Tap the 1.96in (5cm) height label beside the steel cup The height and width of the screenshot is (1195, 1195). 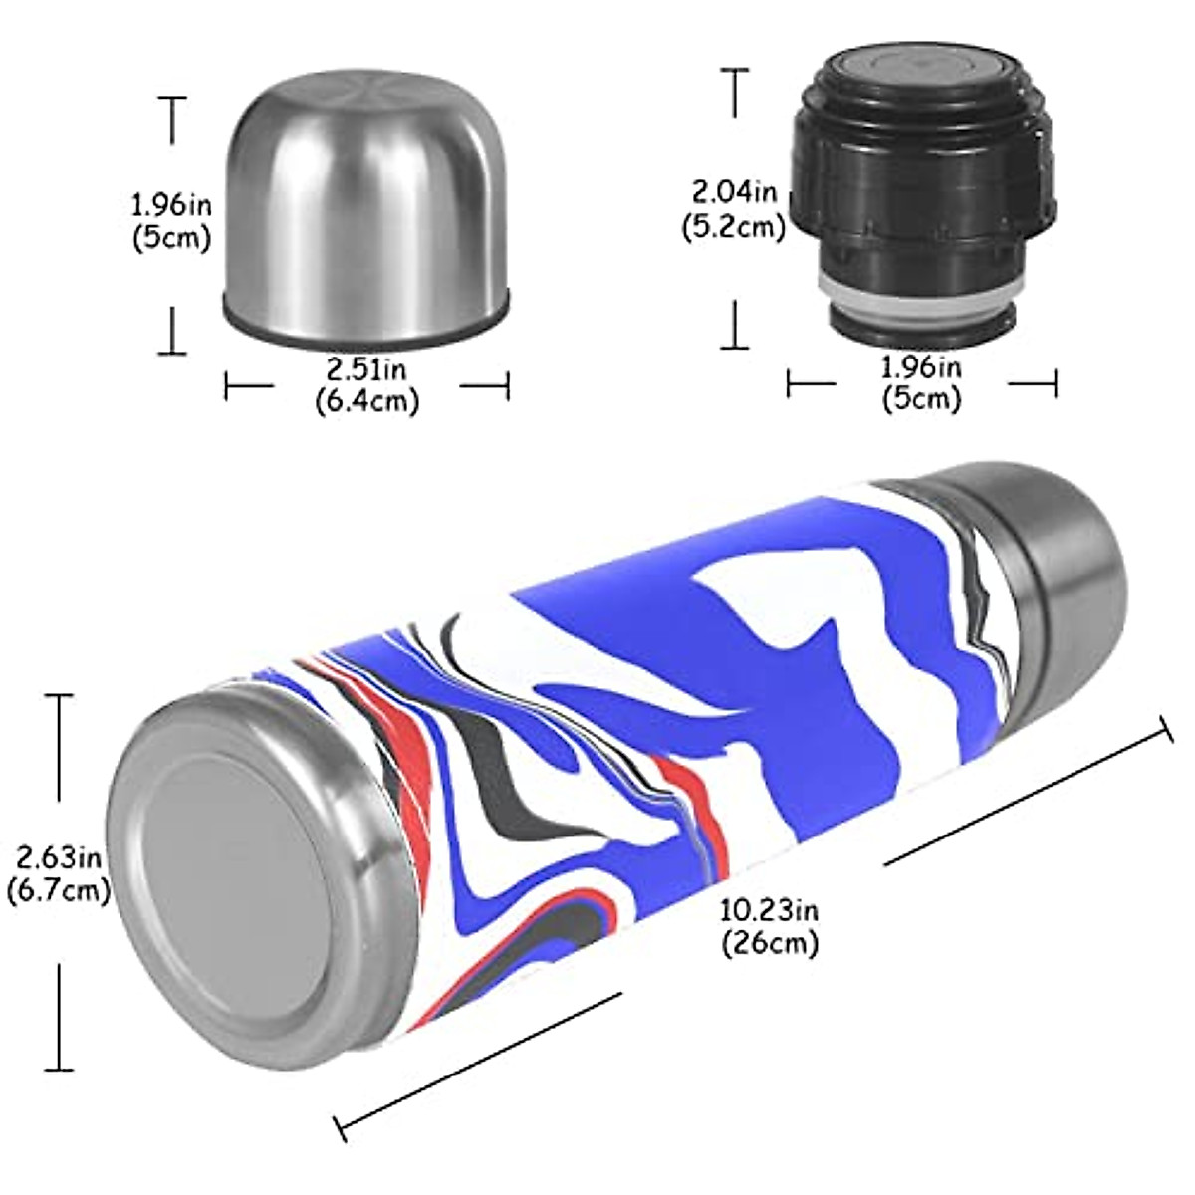pyautogui.click(x=171, y=222)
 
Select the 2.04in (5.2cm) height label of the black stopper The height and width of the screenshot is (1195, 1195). pyautogui.click(x=734, y=208)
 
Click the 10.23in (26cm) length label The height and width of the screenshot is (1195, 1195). pyautogui.click(x=770, y=925)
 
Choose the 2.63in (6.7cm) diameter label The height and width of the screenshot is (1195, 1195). pyautogui.click(x=58, y=871)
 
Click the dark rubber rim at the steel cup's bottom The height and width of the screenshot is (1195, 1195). pyautogui.click(x=366, y=334)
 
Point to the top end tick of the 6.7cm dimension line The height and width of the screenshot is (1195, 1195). pyautogui.click(x=60, y=695)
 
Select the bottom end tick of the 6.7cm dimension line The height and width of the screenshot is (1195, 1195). pyautogui.click(x=60, y=1071)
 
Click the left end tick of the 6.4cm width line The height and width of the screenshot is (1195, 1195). pyautogui.click(x=227, y=385)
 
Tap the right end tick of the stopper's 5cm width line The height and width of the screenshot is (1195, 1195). pyautogui.click(x=1056, y=383)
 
